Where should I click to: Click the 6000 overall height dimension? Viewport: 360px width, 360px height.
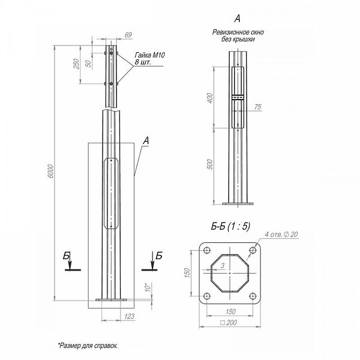pos(51,171)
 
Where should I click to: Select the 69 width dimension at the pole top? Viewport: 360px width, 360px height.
pos(128,35)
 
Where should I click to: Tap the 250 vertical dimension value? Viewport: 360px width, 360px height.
pos(76,64)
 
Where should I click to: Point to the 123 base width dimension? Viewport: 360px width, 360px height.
pos(129,316)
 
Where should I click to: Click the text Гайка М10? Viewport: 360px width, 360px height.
pos(149,55)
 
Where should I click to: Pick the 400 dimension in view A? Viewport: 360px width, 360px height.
pos(210,98)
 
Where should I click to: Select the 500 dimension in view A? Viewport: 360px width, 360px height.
pos(210,164)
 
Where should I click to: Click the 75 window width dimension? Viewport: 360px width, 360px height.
pos(258,107)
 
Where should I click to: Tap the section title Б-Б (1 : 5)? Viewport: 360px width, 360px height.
pos(230,226)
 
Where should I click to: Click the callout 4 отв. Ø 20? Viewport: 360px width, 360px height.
pos(281,235)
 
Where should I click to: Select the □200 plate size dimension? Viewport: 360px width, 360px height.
pos(229,323)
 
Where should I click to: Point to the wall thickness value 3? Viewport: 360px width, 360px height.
pos(223,266)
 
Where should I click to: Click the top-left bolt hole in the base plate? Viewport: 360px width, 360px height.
pos(207,250)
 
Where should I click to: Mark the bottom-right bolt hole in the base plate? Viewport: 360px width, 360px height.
pos(253,296)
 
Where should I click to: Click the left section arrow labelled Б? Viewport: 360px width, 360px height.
pos(70,262)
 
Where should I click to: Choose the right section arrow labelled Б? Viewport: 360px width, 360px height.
pos(152,262)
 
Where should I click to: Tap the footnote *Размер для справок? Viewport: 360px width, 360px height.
pos(88,346)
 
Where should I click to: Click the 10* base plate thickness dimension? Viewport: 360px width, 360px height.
pos(148,287)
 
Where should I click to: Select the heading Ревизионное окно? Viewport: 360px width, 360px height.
pos(238,32)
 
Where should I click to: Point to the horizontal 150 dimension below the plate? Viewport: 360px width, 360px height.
pos(230,311)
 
